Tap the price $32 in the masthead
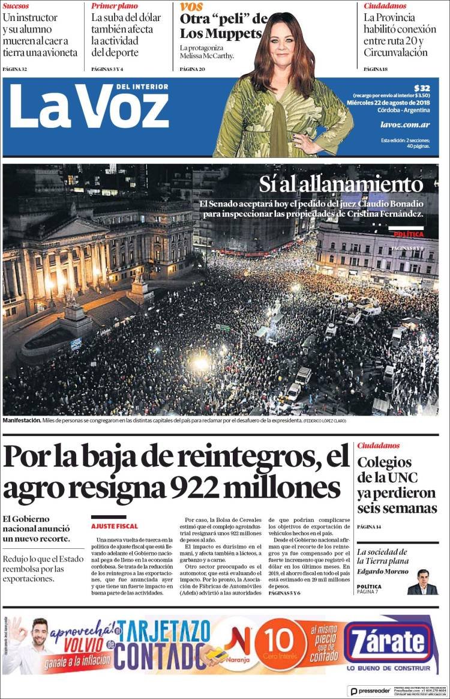tap(422, 88)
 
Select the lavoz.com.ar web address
tap(405, 124)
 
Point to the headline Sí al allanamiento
tap(341, 184)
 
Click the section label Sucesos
tap(16, 6)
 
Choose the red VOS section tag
tap(191, 7)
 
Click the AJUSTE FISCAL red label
tap(114, 526)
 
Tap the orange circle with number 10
tap(281, 644)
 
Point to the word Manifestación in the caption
tap(22, 421)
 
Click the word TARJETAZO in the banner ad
tap(164, 631)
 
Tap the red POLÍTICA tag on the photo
tap(409, 234)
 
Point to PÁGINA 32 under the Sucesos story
tap(15, 69)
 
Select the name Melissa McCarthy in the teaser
tap(207, 56)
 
